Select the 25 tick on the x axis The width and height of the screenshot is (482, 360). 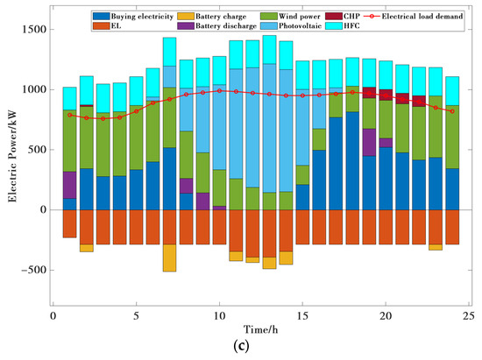point(469,315)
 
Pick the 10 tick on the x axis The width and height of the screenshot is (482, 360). point(219,315)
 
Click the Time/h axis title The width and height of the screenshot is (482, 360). point(262,329)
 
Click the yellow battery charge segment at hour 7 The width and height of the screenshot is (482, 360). point(169,258)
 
